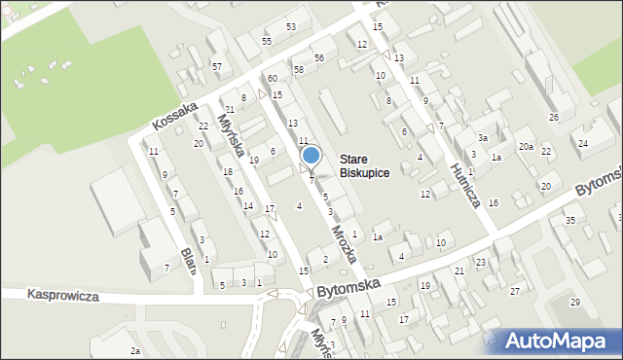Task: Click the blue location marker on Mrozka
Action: (x=311, y=156)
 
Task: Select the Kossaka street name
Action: (x=175, y=116)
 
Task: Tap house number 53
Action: (x=290, y=26)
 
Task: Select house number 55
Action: (x=267, y=41)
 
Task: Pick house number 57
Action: (x=217, y=66)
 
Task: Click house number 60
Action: (x=273, y=78)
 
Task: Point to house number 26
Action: (x=554, y=118)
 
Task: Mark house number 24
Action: (x=583, y=143)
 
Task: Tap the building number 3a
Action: (x=482, y=138)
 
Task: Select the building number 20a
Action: (x=526, y=146)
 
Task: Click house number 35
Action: (x=569, y=220)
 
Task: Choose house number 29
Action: (x=575, y=303)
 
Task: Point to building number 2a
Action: (x=136, y=350)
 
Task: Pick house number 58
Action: (x=299, y=70)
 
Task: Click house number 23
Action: (x=481, y=263)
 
